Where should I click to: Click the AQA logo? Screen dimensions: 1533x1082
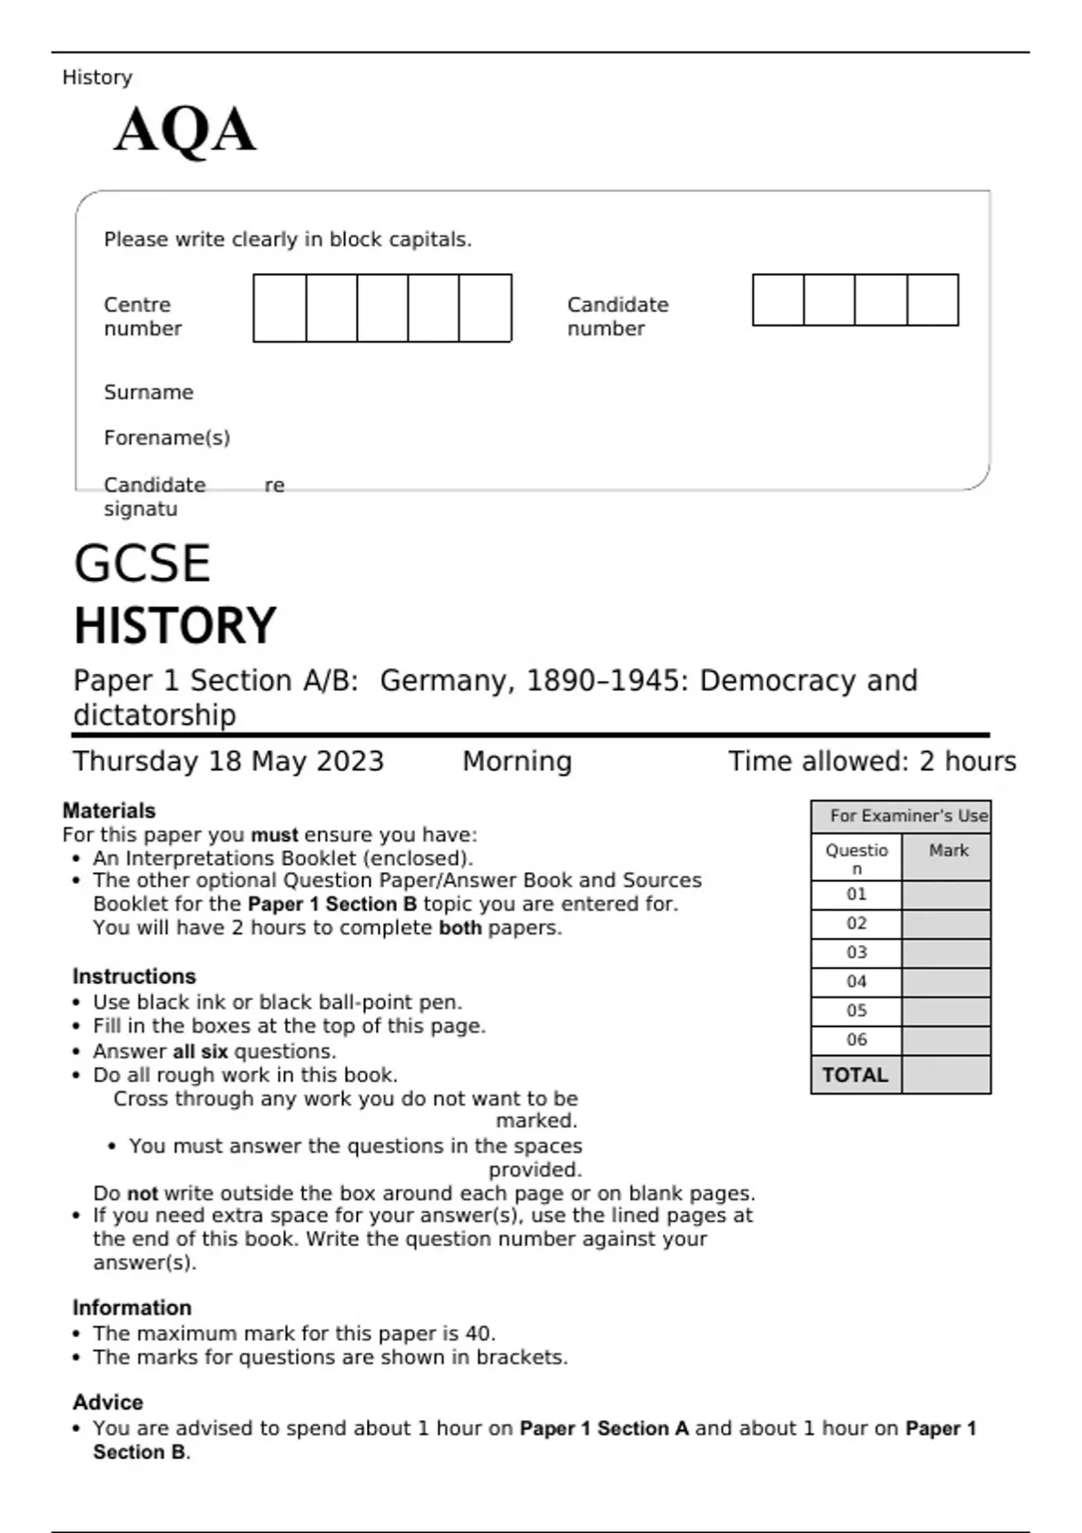(185, 130)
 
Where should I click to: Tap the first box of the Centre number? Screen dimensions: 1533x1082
(280, 308)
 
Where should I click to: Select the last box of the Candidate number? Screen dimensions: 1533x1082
(932, 300)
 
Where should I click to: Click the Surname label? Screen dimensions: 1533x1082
(149, 392)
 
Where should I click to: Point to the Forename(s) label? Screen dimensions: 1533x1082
(167, 438)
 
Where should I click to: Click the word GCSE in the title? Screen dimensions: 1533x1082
(142, 564)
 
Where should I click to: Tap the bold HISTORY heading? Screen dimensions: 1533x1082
(175, 626)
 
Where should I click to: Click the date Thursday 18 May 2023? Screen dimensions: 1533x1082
(228, 761)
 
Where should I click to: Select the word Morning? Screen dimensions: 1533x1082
(517, 761)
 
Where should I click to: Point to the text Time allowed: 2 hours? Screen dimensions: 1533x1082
(872, 761)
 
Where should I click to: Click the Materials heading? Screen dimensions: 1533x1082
(109, 811)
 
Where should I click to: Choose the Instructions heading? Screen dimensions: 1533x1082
(134, 977)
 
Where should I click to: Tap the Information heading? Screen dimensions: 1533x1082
(132, 1308)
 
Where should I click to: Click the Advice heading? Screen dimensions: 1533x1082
(108, 1402)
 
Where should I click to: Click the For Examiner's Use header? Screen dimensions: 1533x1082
(908, 816)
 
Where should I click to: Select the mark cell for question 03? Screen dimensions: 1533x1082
(946, 953)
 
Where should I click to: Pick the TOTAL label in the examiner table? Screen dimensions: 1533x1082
(855, 1075)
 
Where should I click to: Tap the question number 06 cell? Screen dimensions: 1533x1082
(857, 1040)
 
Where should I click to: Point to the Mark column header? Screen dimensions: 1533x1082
(949, 850)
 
